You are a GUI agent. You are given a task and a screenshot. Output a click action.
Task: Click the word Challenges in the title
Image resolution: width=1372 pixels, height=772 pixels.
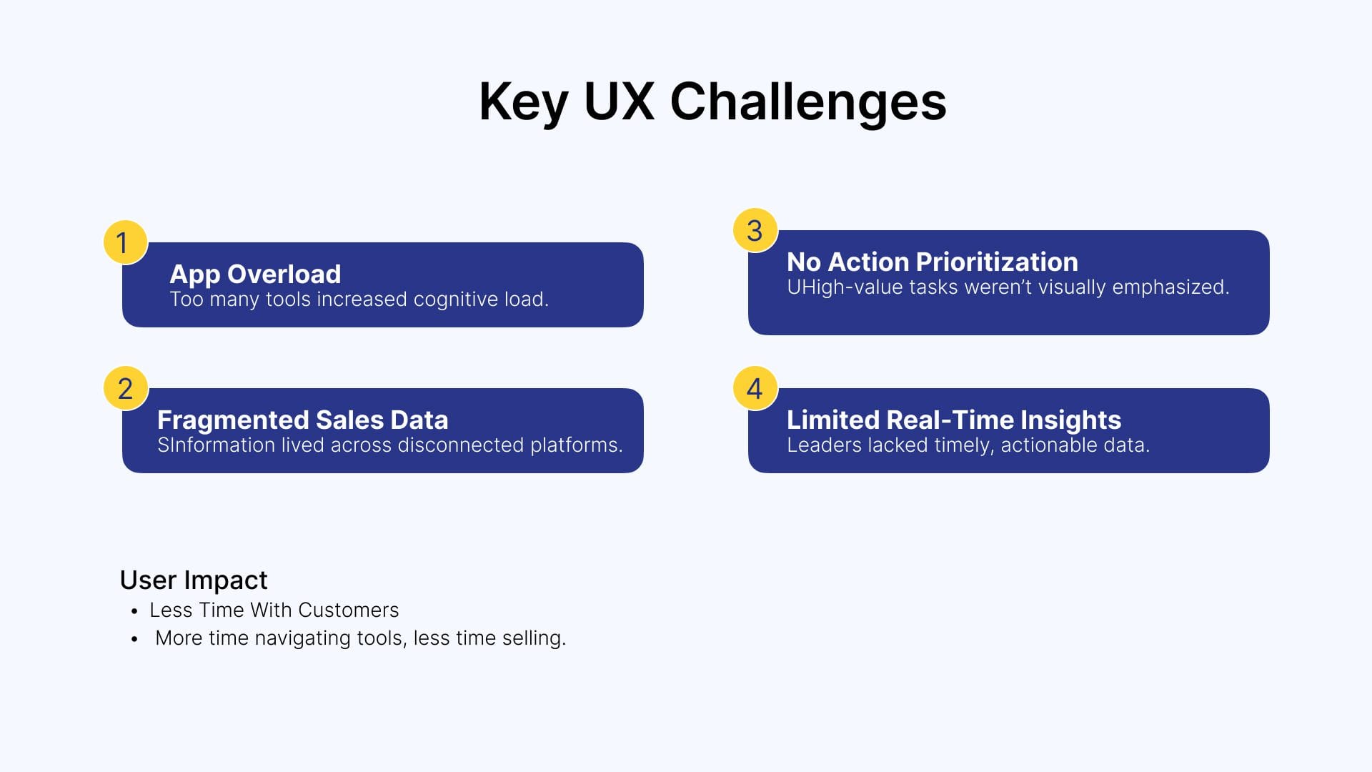(807, 102)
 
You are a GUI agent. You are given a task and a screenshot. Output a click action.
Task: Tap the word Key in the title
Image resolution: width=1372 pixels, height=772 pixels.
(524, 102)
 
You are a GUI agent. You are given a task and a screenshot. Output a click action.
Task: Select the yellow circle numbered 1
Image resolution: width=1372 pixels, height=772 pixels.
(125, 242)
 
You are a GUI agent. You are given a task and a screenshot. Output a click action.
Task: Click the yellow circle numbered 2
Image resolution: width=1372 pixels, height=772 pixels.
(125, 388)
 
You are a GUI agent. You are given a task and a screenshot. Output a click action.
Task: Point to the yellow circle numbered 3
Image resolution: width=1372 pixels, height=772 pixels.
(755, 230)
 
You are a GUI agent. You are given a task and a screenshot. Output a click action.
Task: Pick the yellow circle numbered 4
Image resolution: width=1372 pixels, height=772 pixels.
(755, 388)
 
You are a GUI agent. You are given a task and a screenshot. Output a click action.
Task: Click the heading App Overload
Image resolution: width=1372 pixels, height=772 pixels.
(255, 274)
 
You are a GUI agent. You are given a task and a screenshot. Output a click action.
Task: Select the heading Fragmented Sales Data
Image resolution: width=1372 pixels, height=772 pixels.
(303, 420)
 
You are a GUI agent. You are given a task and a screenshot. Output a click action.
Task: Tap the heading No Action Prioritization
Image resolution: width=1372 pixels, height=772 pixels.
(933, 262)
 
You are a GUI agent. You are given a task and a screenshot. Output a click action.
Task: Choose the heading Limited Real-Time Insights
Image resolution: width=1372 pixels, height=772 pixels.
(954, 420)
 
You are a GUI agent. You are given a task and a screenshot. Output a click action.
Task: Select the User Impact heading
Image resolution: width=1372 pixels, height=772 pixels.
(194, 580)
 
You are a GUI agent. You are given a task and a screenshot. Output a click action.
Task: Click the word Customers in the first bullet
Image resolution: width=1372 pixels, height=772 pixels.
(348, 610)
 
